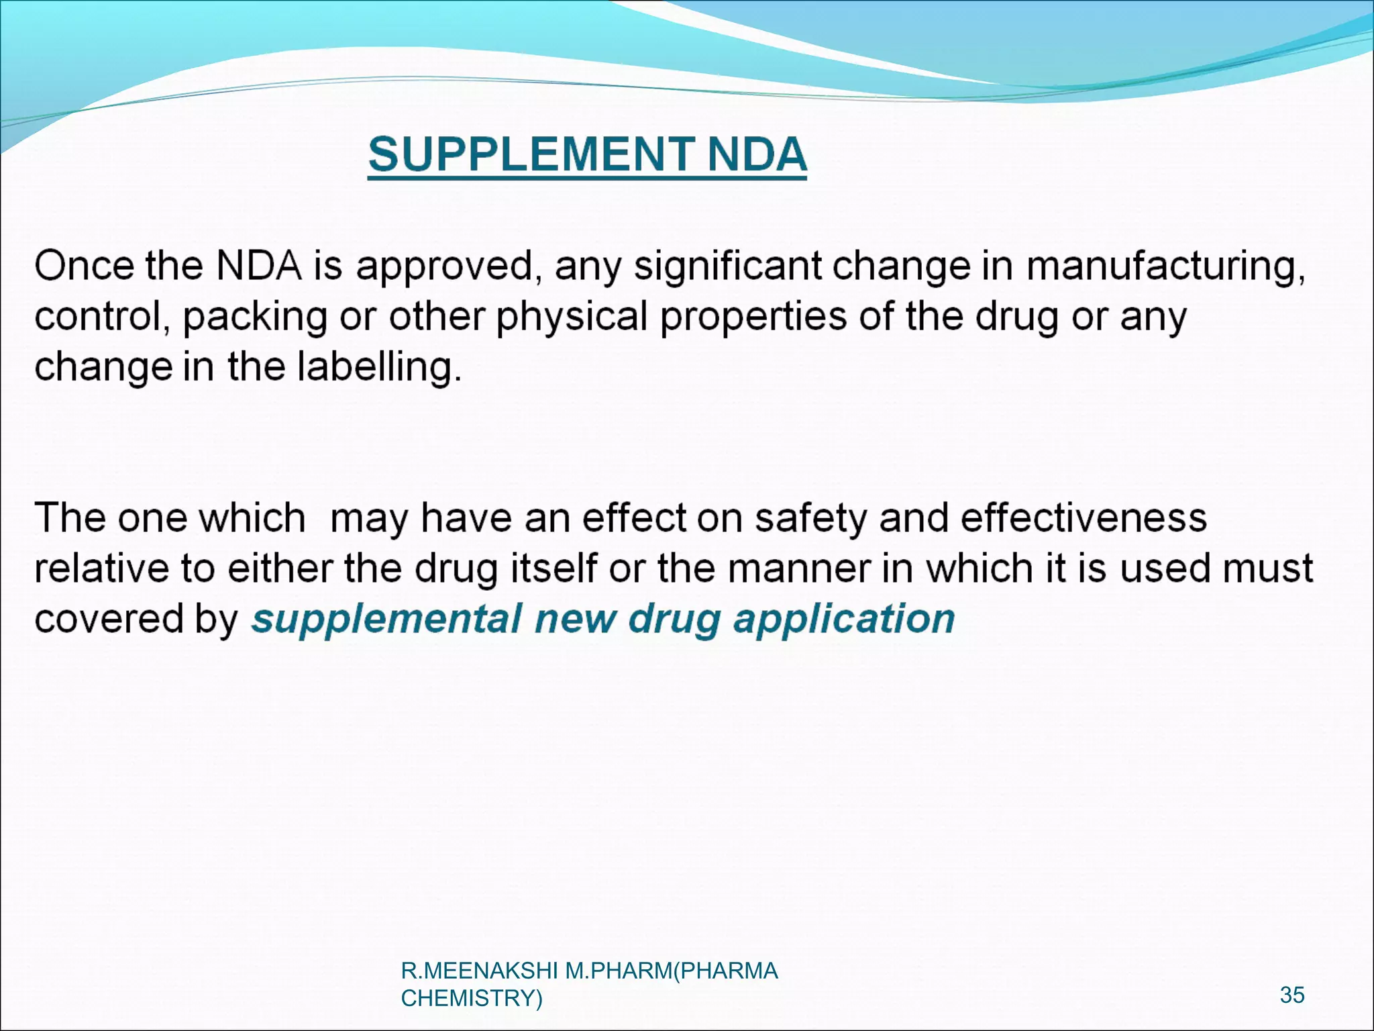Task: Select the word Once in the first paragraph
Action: pos(85,266)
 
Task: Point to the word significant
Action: pos(728,267)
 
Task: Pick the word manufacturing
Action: pos(1165,267)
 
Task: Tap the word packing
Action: pos(255,317)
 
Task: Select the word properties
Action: pos(753,317)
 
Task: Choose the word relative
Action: pos(101,569)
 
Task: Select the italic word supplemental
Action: pos(386,619)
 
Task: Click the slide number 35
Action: pos(1292,995)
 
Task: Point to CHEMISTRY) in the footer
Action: pos(471,998)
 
